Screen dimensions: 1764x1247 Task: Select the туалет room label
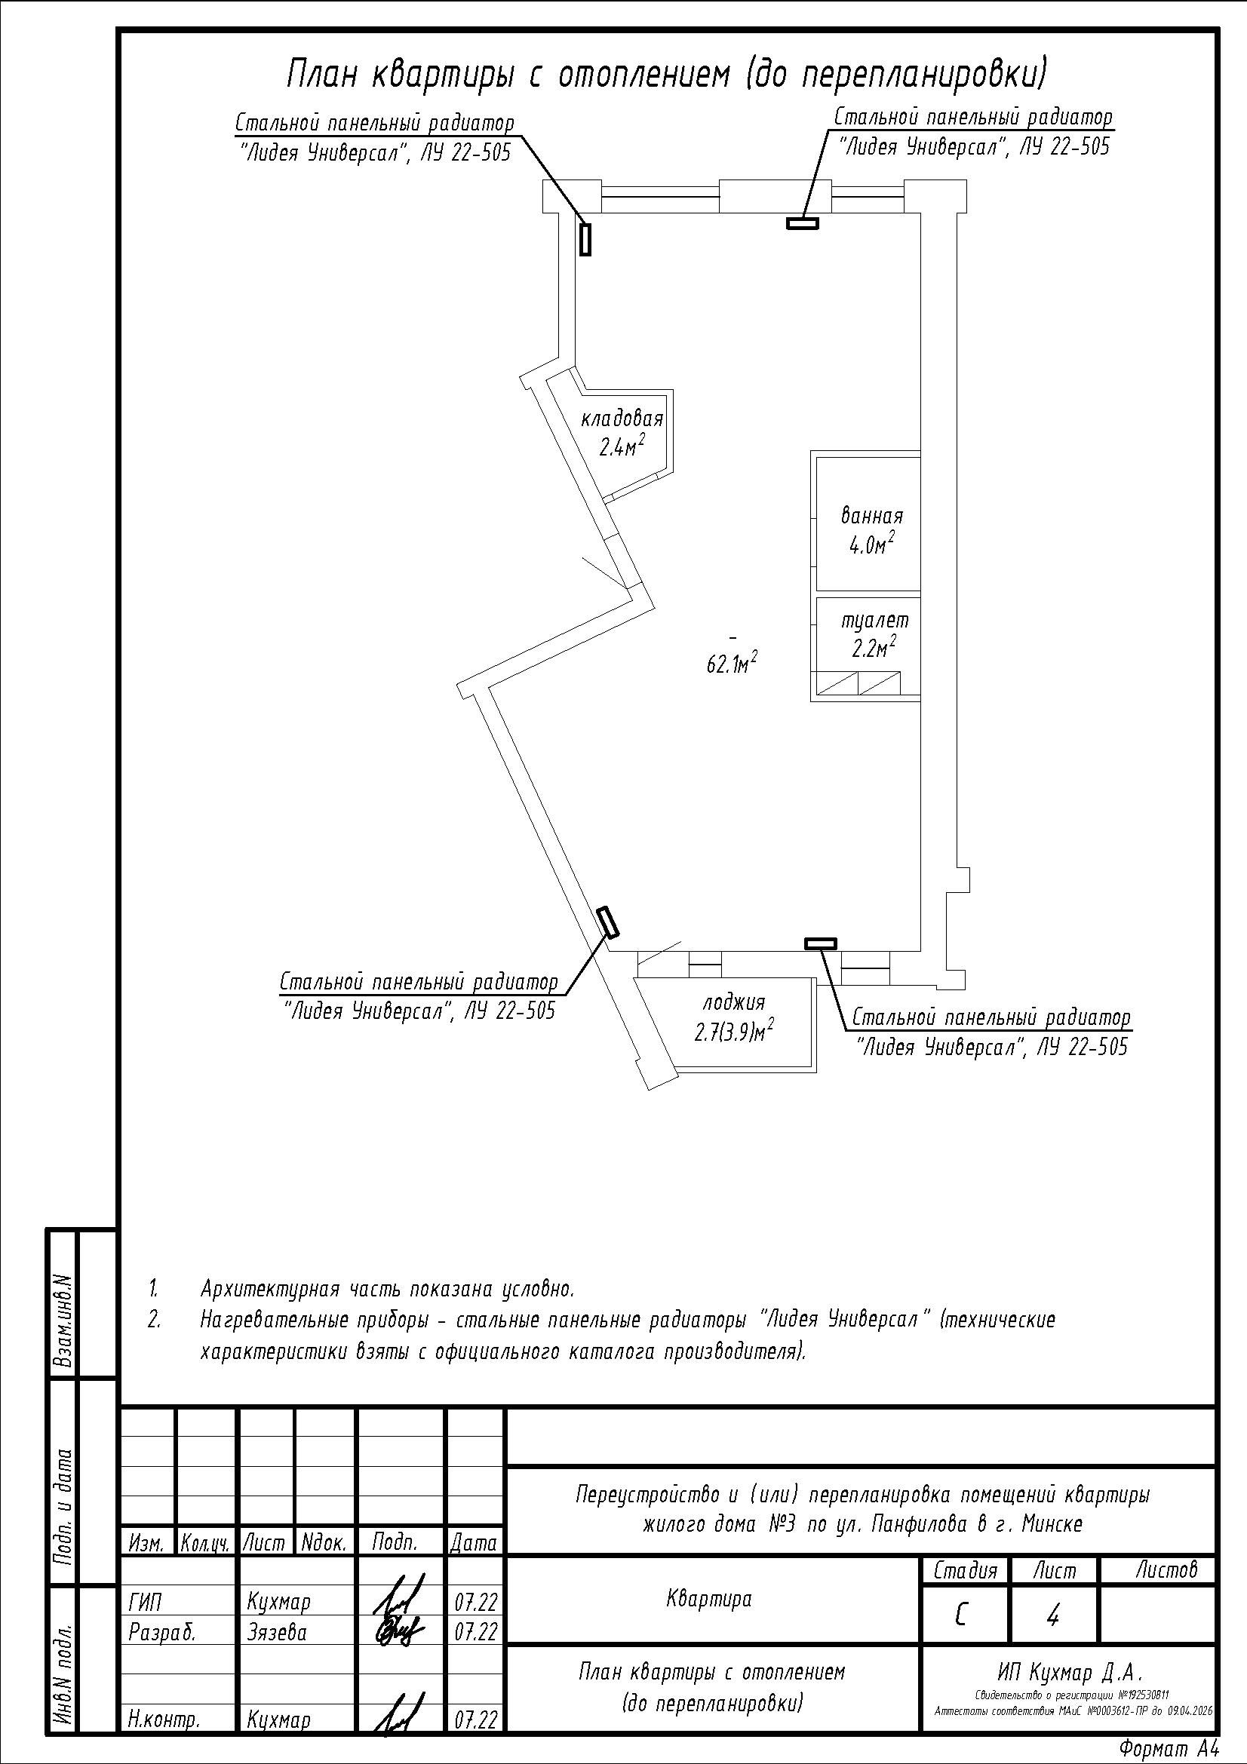[x=874, y=619]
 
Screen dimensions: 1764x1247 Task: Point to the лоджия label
[x=734, y=1002]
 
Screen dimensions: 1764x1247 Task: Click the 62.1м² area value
[x=733, y=664]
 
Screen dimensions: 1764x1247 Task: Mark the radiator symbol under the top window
[x=802, y=223]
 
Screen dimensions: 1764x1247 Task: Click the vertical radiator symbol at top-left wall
[x=585, y=238]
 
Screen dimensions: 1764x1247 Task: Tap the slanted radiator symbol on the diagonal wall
[x=609, y=922]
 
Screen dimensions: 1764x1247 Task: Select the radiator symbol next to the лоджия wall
[x=821, y=943]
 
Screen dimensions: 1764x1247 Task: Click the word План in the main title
[x=324, y=75]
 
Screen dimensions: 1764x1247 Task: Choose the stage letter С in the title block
[x=960, y=1617]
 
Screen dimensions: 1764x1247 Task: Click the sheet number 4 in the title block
[x=1052, y=1617]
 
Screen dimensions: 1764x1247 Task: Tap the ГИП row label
[x=145, y=1603]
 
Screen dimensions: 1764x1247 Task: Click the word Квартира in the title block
[x=708, y=1600]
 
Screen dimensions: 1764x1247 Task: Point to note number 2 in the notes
[x=155, y=1319]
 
